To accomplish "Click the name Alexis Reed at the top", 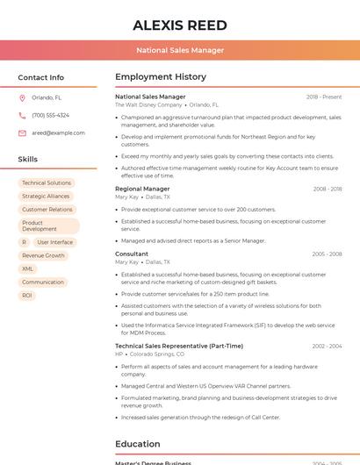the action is click(180, 25).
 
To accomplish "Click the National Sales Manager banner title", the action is click(180, 51).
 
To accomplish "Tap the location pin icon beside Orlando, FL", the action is click(22, 97).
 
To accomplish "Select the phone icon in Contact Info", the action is click(22, 115).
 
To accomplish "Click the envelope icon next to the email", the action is click(22, 133).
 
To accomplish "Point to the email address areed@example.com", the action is click(58, 133).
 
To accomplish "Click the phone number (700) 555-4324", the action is click(50, 115).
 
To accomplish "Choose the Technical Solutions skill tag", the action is click(47, 183).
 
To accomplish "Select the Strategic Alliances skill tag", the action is click(46, 197).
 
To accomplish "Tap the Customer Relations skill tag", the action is click(47, 210).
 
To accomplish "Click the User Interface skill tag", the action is click(55, 242).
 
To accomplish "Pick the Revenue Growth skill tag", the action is click(43, 255).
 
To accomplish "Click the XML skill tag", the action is click(28, 268).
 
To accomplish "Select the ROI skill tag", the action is click(27, 295).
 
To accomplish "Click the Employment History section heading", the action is click(161, 77).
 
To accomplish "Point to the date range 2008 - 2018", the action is click(327, 189).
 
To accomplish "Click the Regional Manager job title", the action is click(142, 189).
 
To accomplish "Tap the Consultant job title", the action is click(132, 254).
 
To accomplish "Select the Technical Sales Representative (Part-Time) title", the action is click(179, 346).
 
